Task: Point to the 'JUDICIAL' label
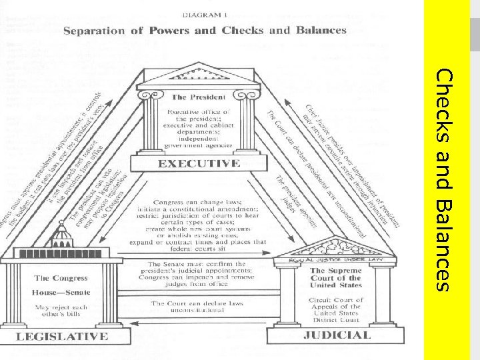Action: pyautogui.click(x=337, y=335)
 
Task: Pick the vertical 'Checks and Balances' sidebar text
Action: pyautogui.click(x=445, y=180)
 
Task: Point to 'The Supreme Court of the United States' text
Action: pyautogui.click(x=336, y=278)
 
